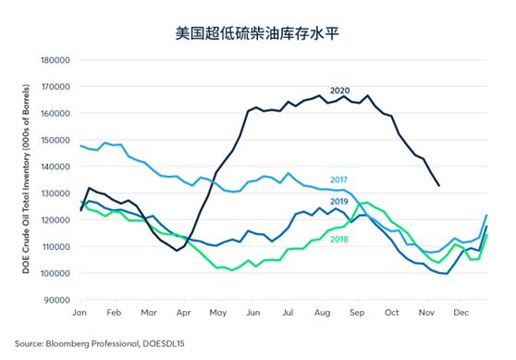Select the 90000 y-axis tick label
tap(55, 300)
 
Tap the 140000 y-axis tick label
tap(53, 167)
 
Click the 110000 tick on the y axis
tap(53, 247)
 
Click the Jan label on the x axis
tap(80, 314)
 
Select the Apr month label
tap(182, 314)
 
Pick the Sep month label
tap(357, 314)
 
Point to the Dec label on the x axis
tap(460, 314)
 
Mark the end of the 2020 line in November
tap(437, 186)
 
